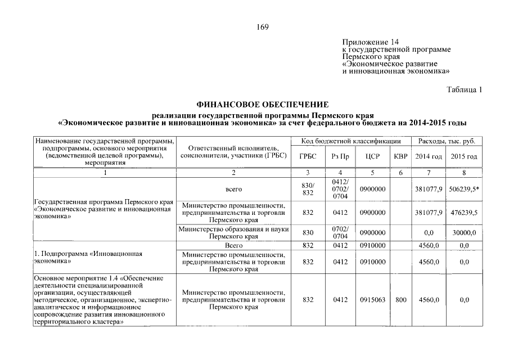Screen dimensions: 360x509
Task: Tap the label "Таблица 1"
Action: pos(464,89)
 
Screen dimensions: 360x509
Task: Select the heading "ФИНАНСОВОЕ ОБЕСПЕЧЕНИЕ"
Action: pos(262,105)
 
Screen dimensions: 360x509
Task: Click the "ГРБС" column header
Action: pos(308,156)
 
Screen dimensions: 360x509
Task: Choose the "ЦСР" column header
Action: pos(372,156)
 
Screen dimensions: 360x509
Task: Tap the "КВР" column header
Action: pos(400,156)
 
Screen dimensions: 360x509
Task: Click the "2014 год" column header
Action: pos(428,156)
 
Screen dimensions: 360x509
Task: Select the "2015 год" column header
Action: pos(464,156)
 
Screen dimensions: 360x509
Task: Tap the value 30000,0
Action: pos(464,233)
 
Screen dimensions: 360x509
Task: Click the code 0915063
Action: pos(372,300)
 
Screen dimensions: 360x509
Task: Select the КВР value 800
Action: pos(400,300)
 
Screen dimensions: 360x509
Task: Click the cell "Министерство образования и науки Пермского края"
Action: pos(233,233)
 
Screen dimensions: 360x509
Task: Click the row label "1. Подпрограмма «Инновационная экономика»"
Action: pos(87,258)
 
